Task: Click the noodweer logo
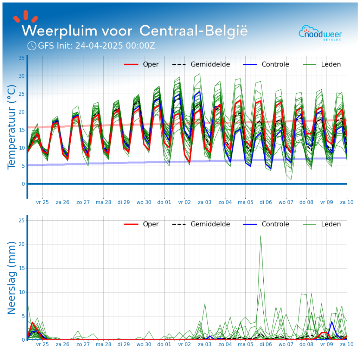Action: click(320, 33)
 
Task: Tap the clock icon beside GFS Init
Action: click(32, 46)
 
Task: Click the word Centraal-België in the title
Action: click(193, 31)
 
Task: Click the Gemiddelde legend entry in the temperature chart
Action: click(201, 64)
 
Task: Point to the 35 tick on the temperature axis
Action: click(21, 58)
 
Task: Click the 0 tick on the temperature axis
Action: click(23, 184)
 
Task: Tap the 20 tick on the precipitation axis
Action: click(21, 244)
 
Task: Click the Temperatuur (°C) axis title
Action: click(12, 127)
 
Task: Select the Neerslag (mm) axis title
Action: click(12, 278)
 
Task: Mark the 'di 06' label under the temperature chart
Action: click(265, 202)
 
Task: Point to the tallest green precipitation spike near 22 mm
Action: click(261, 236)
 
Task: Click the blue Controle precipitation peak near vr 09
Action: click(331, 322)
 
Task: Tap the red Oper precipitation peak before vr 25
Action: click(32, 322)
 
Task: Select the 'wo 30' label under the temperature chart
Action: click(144, 202)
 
